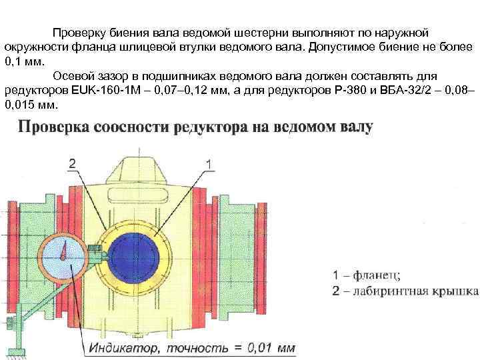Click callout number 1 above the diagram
coord(209,162)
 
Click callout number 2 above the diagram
coord(71,162)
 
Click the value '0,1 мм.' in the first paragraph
coord(23,61)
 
